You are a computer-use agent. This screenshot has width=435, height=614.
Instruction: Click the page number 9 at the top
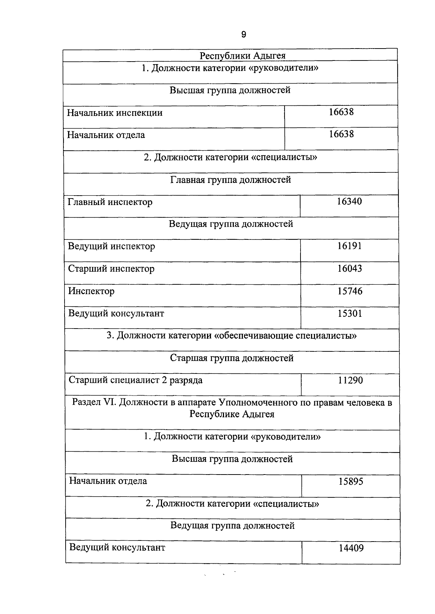(x=244, y=35)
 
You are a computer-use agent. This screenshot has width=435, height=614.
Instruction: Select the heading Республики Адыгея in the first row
(x=243, y=55)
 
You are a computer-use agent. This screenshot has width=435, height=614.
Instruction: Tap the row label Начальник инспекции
(x=115, y=113)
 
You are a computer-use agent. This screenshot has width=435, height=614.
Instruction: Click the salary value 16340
(x=349, y=202)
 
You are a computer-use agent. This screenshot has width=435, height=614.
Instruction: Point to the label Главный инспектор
(x=110, y=202)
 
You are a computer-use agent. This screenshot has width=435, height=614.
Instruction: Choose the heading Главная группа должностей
(x=231, y=180)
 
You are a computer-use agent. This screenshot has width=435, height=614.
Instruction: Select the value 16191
(x=349, y=246)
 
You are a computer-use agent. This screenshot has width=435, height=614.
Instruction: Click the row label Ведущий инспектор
(x=112, y=246)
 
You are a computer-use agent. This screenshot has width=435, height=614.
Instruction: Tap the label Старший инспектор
(x=111, y=269)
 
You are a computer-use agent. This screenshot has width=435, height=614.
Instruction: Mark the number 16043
(x=349, y=269)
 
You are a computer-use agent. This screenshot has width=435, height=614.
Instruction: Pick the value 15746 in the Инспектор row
(x=350, y=291)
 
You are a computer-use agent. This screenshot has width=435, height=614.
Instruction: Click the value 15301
(x=350, y=314)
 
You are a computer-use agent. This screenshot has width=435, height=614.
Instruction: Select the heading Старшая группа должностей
(x=232, y=358)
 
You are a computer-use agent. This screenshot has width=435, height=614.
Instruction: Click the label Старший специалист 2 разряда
(x=136, y=380)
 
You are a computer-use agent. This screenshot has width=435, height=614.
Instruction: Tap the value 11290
(x=350, y=381)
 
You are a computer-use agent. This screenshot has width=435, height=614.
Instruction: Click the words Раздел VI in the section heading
(x=94, y=402)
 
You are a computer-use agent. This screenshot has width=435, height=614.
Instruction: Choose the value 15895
(x=351, y=482)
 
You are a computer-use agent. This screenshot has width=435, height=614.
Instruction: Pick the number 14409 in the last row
(x=351, y=548)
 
